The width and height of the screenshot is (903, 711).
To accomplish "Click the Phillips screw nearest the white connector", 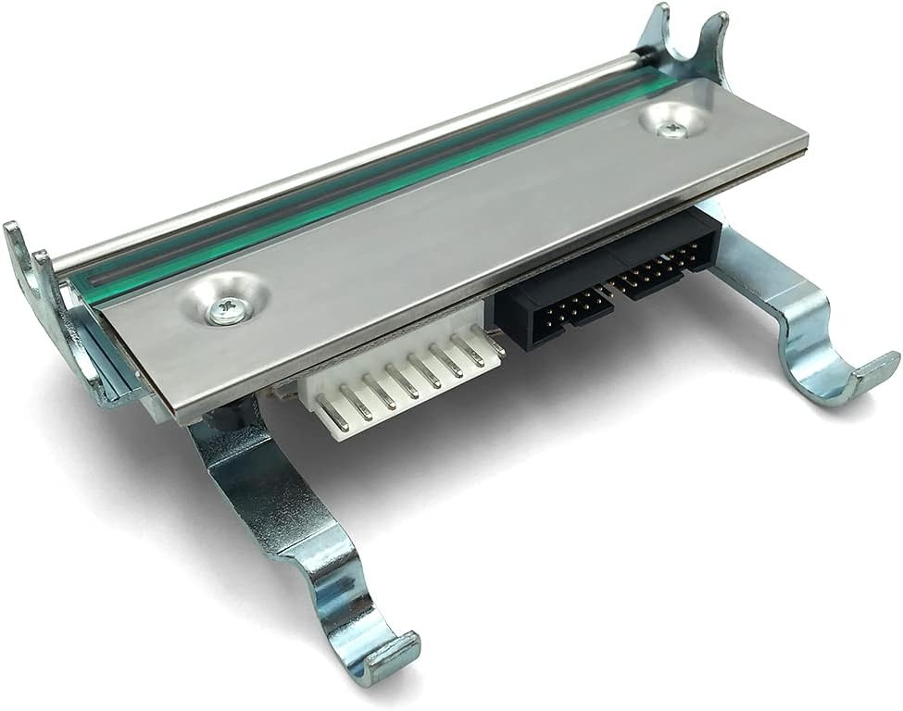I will pyautogui.click(x=226, y=309).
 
